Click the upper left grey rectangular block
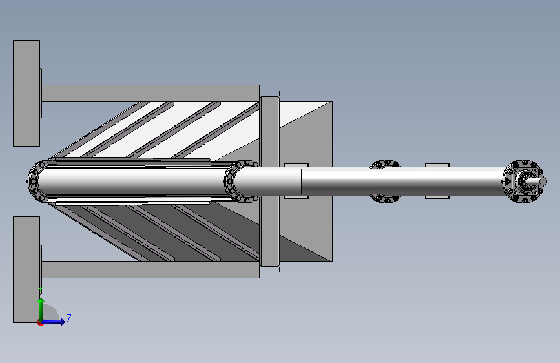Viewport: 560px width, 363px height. click(26, 93)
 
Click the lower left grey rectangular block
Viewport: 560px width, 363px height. click(26, 269)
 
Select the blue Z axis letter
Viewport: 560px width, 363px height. click(69, 318)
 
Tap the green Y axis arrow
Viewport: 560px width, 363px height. click(41, 309)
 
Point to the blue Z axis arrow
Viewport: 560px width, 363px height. click(53, 322)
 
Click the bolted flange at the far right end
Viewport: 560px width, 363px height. click(524, 181)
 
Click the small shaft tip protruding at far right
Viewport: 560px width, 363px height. click(539, 182)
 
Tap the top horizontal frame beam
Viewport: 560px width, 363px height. click(150, 93)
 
